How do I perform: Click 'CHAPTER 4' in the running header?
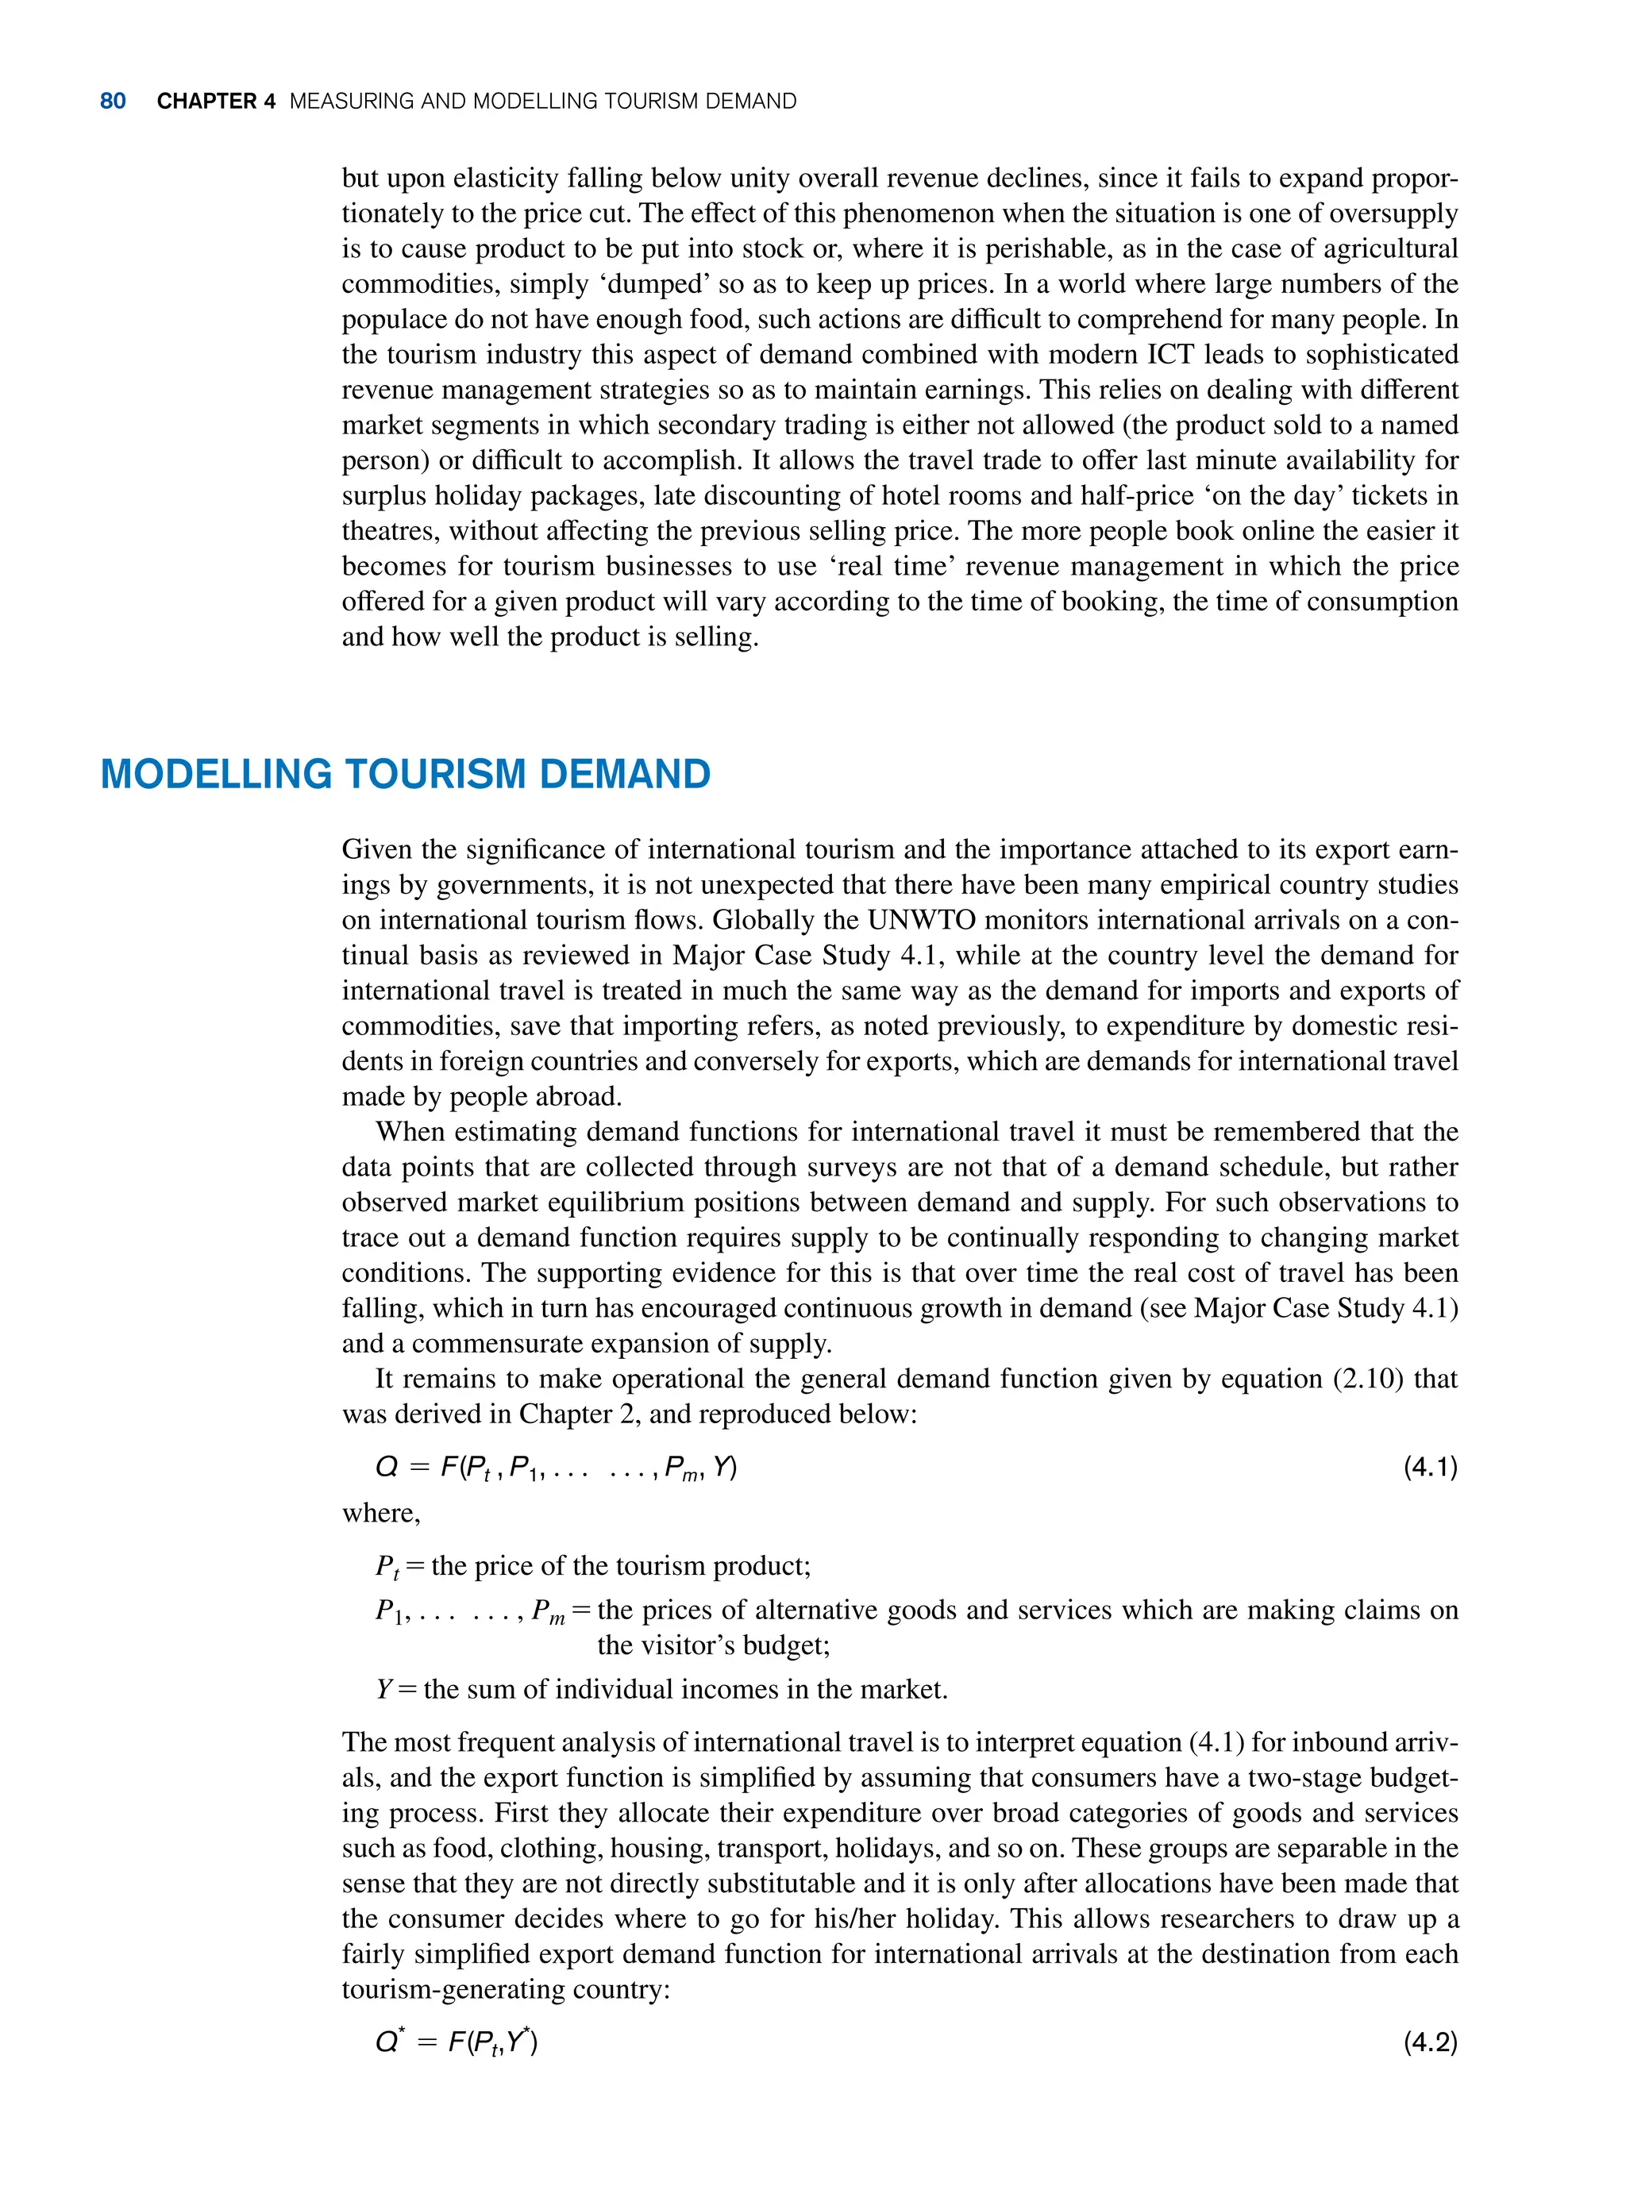point(215,102)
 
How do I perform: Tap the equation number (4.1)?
point(1429,1467)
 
